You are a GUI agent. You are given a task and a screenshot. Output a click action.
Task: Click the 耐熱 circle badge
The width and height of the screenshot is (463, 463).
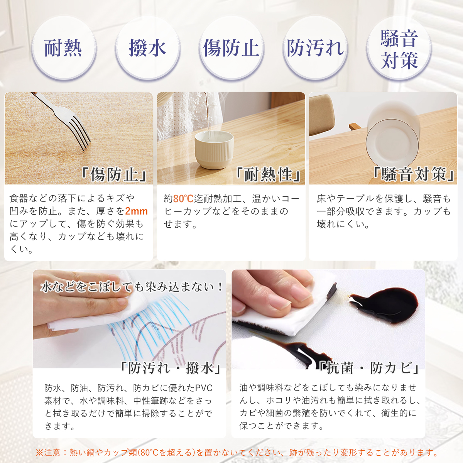pos(64,48)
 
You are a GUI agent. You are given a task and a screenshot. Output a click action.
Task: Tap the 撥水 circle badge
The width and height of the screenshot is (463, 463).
pos(147,48)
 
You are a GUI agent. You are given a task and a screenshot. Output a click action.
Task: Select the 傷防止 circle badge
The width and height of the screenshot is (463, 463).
pos(231,48)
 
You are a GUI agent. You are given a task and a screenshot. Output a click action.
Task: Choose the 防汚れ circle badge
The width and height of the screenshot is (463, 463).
pos(315,48)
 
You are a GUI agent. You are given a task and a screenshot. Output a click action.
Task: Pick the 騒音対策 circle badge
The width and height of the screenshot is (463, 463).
pos(399,48)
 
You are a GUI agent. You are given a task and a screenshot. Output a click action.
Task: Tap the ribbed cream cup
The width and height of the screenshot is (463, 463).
pos(214,149)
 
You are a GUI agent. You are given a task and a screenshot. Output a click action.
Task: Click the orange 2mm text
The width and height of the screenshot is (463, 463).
pos(136,211)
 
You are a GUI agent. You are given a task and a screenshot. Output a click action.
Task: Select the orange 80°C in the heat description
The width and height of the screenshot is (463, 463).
pos(183,199)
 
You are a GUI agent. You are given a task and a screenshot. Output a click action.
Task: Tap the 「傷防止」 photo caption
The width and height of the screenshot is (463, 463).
pos(114,174)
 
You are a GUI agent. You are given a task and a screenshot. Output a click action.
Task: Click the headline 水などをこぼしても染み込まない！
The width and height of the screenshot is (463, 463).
pos(132,287)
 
